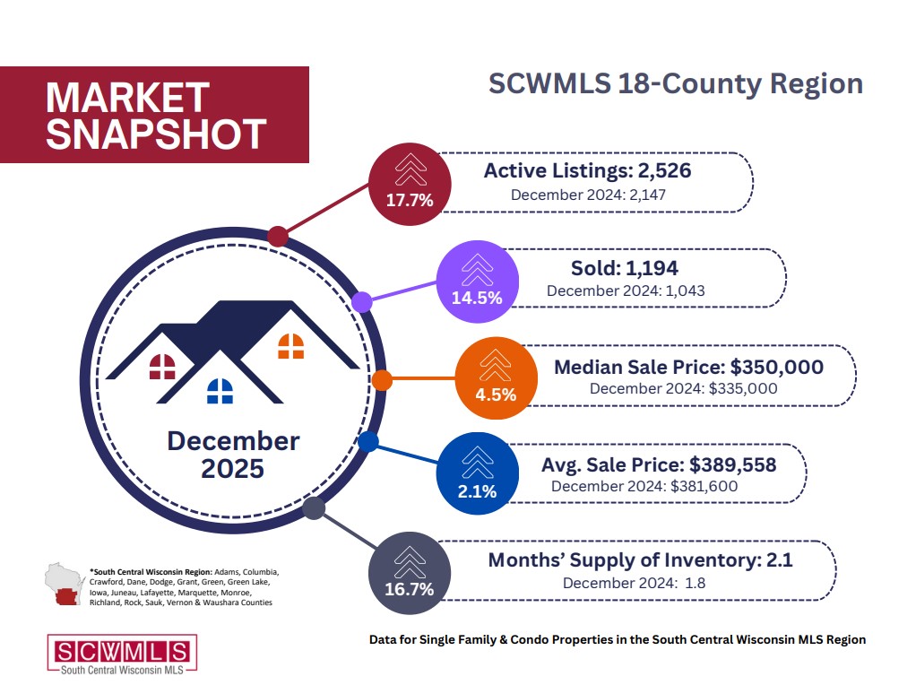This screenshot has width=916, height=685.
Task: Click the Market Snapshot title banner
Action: (154, 115)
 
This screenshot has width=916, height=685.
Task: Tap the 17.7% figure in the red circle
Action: (410, 200)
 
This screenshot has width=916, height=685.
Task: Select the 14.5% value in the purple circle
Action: (476, 298)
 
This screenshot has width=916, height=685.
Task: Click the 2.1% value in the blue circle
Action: (478, 490)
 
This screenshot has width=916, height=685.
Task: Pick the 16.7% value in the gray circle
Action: (410, 589)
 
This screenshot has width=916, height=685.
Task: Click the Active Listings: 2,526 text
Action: (587, 170)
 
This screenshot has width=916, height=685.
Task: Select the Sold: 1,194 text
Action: (624, 267)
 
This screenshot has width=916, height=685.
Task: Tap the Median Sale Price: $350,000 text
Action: (688, 367)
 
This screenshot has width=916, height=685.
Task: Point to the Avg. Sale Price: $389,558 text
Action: (658, 464)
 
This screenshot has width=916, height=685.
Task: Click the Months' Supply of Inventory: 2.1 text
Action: (640, 560)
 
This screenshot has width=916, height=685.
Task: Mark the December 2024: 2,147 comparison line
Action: (588, 193)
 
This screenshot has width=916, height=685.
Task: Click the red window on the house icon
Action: (162, 366)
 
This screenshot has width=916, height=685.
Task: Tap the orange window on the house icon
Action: (291, 345)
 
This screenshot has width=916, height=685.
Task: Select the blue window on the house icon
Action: (220, 390)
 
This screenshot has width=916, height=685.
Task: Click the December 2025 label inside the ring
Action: (233, 454)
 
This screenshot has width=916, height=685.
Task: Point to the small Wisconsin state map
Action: (64, 585)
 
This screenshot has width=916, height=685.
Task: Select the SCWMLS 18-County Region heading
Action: (675, 84)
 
